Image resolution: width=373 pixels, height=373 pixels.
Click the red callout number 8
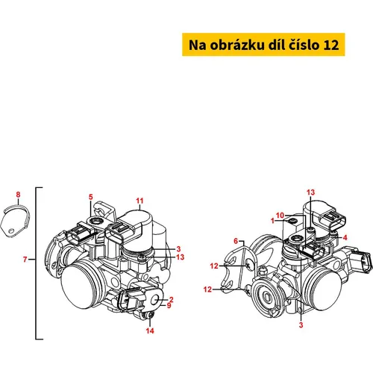pos(18,195)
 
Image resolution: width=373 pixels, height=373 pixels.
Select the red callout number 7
pos(25,260)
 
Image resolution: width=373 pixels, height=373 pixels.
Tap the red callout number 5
pos(91,197)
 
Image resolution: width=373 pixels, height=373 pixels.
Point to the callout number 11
pos(140,201)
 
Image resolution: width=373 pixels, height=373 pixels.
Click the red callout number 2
pos(171,300)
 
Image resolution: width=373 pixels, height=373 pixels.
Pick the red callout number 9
pos(169,305)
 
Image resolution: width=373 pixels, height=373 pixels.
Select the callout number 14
pos(150,330)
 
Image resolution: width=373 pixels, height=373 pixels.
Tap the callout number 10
pos(280,216)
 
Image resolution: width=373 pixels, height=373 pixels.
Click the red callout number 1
pos(273,221)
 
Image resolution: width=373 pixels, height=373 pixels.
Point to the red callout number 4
pos(345,238)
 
